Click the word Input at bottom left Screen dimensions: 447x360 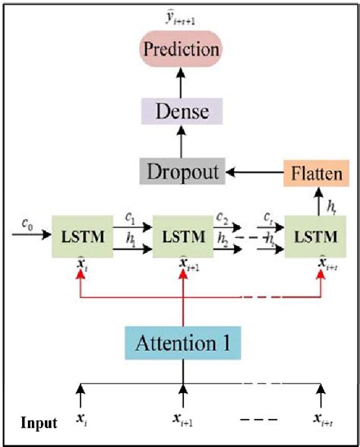(38, 422)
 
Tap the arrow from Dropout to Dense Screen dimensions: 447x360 (182, 143)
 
